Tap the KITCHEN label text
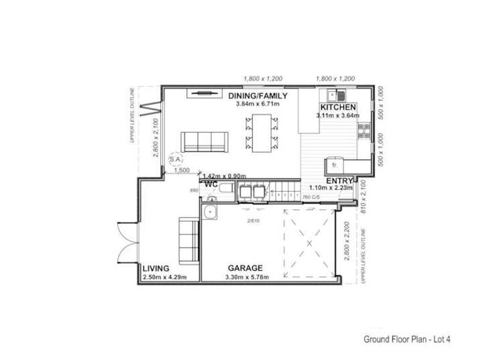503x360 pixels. pyautogui.click(x=338, y=107)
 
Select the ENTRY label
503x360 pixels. pyautogui.click(x=339, y=181)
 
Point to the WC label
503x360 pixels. pyautogui.click(x=211, y=183)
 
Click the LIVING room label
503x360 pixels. pyautogui.click(x=156, y=268)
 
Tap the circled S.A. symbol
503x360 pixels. pyautogui.click(x=176, y=160)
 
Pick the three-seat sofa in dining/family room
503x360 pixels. pyautogui.click(x=205, y=141)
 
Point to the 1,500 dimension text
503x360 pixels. pyautogui.click(x=182, y=171)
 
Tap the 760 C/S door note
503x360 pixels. pyautogui.click(x=311, y=197)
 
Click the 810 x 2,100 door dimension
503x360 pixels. pyautogui.click(x=364, y=198)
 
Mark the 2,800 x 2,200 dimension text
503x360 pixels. pyautogui.click(x=348, y=242)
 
